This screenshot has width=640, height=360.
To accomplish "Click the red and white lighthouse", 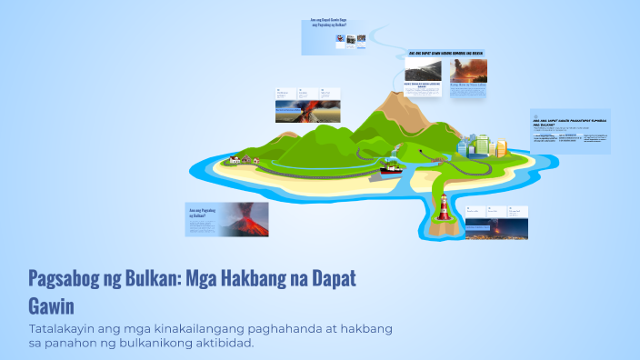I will point(443,206).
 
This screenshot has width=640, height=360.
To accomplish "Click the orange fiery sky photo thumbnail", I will point(468,70).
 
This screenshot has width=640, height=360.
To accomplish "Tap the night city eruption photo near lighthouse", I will point(496,229).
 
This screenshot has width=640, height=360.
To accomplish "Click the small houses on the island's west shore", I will point(242,159).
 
